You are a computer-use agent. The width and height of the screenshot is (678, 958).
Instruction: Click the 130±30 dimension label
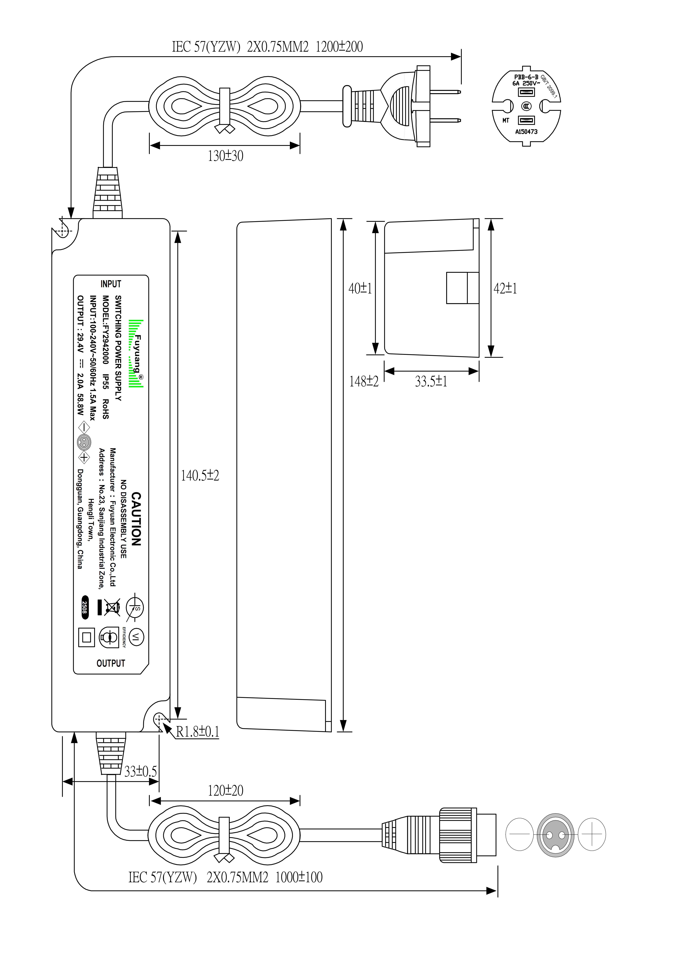click(225, 156)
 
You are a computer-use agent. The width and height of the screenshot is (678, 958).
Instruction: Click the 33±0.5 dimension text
click(141, 771)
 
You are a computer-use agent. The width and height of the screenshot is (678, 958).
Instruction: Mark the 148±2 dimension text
click(364, 381)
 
